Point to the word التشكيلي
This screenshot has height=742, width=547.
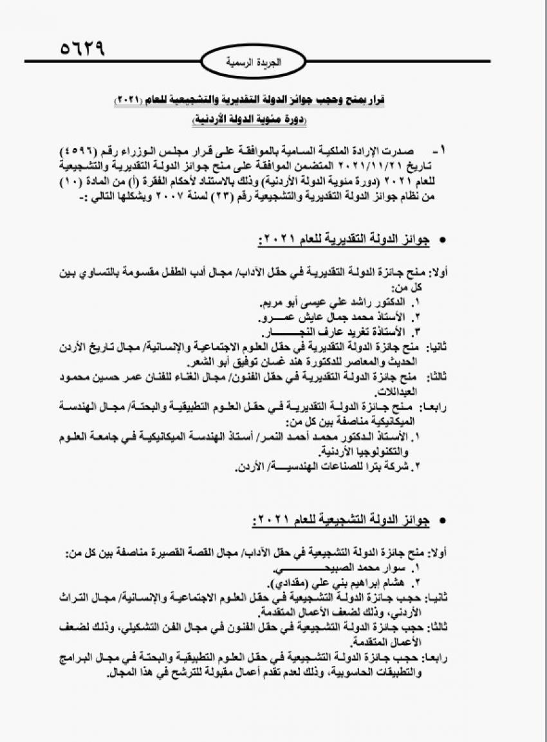point(182,627)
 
